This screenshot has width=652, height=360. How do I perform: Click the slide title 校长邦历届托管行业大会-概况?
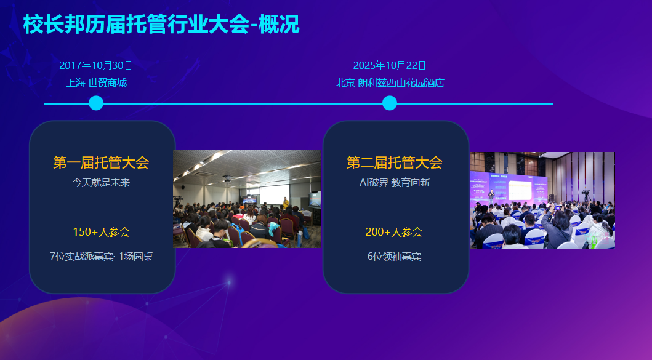161,25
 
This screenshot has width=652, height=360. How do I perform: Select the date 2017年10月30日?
95,65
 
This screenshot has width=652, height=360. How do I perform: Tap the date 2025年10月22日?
390,65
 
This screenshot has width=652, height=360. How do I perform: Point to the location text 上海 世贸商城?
96,82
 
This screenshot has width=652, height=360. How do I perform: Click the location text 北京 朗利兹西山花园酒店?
390,82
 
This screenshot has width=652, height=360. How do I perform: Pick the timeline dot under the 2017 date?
96,103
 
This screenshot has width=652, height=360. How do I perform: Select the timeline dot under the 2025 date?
390,103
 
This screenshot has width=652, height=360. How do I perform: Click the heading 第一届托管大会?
101,162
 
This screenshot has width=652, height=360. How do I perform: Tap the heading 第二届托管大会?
395,162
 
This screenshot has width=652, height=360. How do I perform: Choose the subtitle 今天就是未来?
101,183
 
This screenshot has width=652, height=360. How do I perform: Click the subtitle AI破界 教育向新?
395,183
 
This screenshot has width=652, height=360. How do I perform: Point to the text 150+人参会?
102,232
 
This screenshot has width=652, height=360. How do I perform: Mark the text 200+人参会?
394,232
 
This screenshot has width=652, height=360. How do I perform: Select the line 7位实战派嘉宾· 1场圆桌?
102,257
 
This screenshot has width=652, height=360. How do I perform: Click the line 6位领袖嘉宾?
394,257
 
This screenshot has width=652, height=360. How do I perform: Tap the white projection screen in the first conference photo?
275,194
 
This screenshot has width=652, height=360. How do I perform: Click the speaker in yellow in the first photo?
286,203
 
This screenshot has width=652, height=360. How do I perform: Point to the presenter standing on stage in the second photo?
491,197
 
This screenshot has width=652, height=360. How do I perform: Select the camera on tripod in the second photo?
586,196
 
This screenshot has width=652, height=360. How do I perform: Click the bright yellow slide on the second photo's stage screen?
520,191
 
